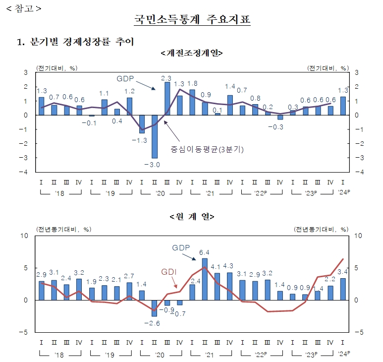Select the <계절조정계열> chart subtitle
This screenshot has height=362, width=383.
pyautogui.click(x=192, y=53)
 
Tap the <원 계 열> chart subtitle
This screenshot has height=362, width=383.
pyautogui.click(x=192, y=216)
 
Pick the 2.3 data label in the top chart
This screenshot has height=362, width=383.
pyautogui.click(x=167, y=78)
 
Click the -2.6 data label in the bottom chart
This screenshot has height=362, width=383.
pyautogui.click(x=155, y=324)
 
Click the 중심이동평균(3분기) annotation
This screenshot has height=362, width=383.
pyautogui.click(x=209, y=148)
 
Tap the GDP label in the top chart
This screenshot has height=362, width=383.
pyautogui.click(x=126, y=78)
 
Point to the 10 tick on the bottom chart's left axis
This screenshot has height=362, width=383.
pyautogui.click(x=26, y=236)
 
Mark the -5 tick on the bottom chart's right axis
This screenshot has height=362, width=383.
pyautogui.click(x=355, y=332)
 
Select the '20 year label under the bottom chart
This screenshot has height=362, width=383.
pyautogui.click(x=160, y=356)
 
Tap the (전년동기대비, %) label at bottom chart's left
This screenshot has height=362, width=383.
pyautogui.click(x=62, y=229)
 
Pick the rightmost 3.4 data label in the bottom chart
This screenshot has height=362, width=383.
pyautogui.click(x=342, y=272)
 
